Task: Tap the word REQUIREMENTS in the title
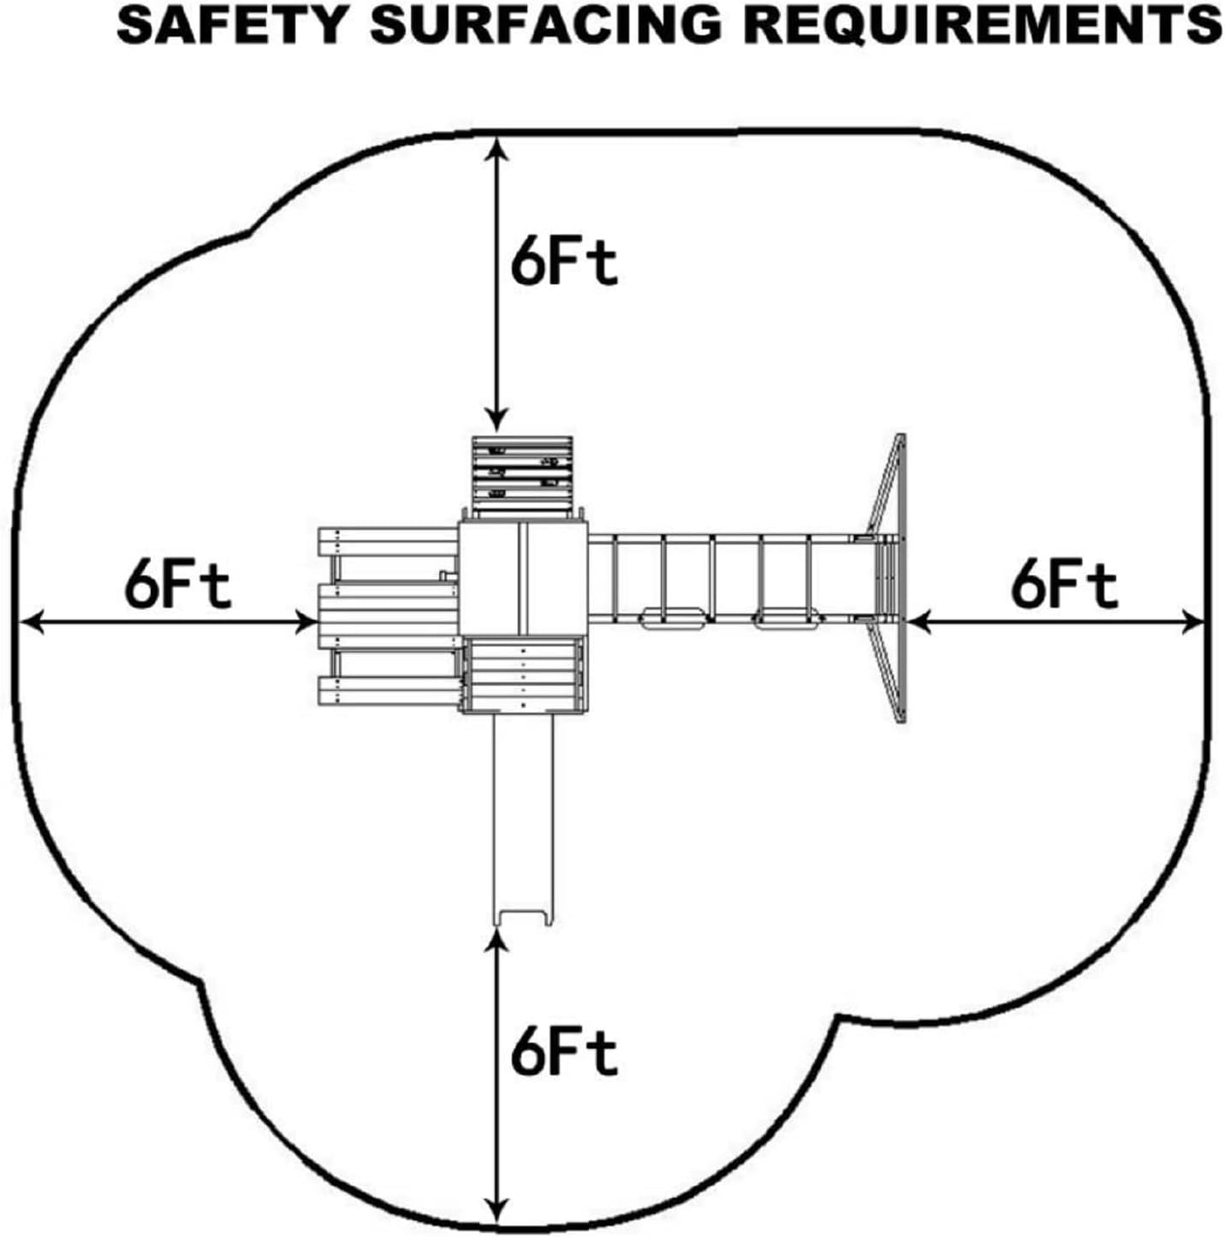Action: click(981, 24)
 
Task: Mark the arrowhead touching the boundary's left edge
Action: click(30, 622)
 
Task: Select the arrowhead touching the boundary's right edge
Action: click(1192, 622)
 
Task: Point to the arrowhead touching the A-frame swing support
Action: click(919, 622)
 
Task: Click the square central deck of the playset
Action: click(522, 578)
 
